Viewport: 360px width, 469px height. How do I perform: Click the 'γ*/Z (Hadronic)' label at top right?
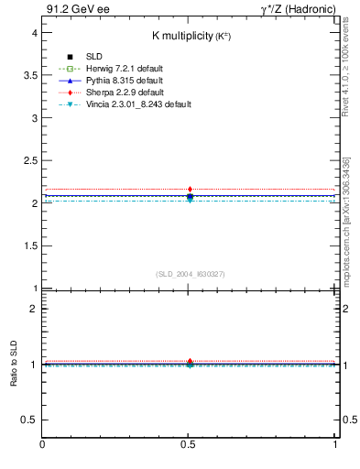pos(299,10)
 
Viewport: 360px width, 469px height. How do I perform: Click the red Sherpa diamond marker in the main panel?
pos(190,190)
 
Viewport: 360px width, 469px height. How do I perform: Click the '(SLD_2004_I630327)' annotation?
pos(190,274)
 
